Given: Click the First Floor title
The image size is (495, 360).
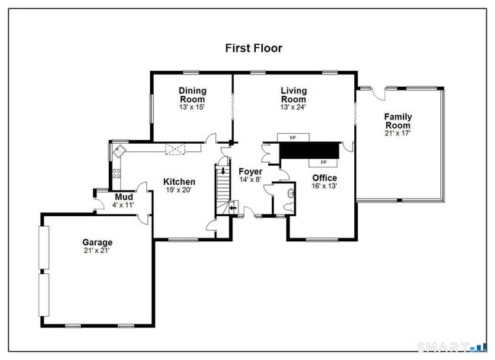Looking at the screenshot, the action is pos(254,48).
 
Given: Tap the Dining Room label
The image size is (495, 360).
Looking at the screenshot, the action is pos(192,95).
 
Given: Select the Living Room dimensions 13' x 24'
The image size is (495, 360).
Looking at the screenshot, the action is pos(293,107).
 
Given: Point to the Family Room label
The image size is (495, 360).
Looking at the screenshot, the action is pos(398,121).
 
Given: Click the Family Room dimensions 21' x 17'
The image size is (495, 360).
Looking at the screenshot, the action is pos(398,133).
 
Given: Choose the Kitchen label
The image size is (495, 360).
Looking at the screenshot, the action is pos(179,182).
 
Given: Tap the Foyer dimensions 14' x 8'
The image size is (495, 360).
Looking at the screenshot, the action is pos(250,180).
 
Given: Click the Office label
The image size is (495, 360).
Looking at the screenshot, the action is pos(324,177).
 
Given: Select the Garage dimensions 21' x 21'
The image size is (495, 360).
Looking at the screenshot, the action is pos(97,251).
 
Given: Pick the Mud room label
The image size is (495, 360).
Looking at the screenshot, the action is pos(123,197).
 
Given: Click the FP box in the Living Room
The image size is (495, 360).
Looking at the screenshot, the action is pos(293,138).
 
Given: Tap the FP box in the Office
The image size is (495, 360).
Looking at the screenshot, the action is pos(323,162).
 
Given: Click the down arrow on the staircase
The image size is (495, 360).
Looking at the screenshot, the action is pos(223,171).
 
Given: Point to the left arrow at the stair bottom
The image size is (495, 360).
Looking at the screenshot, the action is pos(233,208).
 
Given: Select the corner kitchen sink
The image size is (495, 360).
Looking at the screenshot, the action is pos(120,151).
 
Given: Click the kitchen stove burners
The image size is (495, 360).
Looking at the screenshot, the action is pos(117,174).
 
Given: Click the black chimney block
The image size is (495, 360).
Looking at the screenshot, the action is pos(310,150).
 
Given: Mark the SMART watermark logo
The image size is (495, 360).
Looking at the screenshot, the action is pos(452,347).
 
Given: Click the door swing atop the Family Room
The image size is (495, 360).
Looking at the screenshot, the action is pos(378,94).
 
